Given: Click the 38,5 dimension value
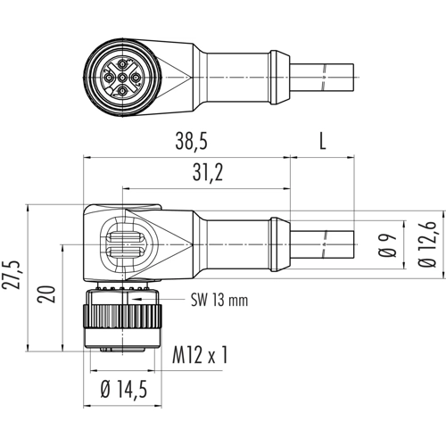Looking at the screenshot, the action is tap(191, 141).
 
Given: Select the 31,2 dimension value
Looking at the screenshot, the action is tap(208, 172).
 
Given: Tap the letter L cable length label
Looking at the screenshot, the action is tap(323, 141).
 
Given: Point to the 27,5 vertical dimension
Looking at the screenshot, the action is tap(12, 275).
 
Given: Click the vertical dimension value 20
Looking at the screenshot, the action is tap(46, 294).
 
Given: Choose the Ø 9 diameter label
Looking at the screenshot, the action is tap(388, 245).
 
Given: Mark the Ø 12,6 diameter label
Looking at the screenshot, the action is tap(427, 244).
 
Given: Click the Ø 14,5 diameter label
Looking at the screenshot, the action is tap(124, 390).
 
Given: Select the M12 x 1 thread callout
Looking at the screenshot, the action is tap(200, 355).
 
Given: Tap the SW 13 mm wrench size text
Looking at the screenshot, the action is tap(219, 300).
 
